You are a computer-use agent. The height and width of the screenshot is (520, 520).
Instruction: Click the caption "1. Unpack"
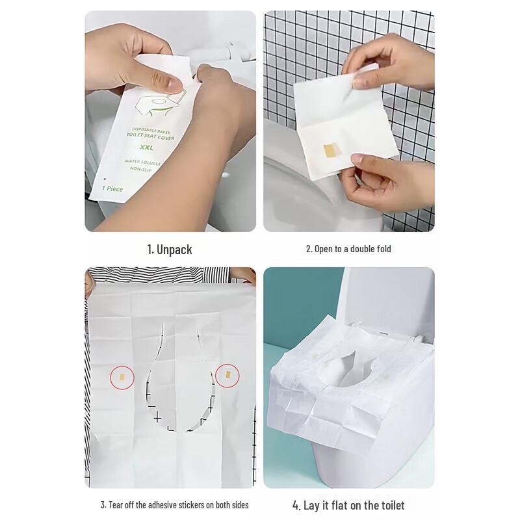click(x=169, y=250)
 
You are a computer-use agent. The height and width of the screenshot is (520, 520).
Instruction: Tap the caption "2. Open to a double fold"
click(x=348, y=249)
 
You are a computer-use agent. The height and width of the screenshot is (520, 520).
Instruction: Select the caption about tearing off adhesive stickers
click(x=174, y=505)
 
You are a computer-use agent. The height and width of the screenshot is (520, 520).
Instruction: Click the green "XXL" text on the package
click(x=136, y=149)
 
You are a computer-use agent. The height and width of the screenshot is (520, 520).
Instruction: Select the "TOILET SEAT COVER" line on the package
click(x=138, y=136)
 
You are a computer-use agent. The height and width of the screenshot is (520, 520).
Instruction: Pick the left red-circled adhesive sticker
click(x=122, y=376)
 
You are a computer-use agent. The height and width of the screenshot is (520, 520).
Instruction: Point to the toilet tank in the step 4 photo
click(x=383, y=299)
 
